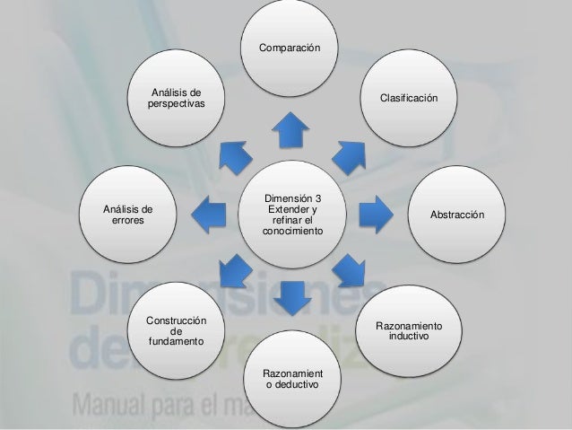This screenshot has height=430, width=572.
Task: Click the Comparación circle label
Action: [289, 45]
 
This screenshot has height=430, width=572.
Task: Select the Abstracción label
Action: [457, 215]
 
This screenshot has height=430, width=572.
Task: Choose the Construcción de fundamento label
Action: [177, 331]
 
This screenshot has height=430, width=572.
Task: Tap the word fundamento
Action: [177, 342]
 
